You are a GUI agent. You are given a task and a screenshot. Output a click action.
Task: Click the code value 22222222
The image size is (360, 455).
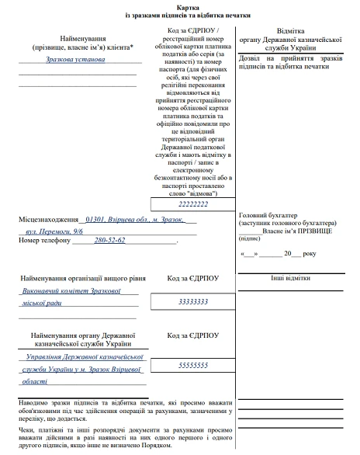tap(193, 203)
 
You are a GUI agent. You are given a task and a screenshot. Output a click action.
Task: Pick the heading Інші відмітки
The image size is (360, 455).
tap(290, 277)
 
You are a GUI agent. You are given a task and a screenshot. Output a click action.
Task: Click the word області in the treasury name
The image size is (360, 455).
tap(36, 381)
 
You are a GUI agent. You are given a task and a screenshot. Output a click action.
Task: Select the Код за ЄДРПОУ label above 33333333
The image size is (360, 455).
tap(193, 277)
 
